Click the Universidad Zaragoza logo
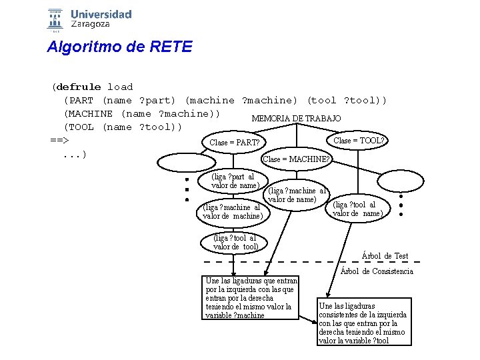click(89, 19)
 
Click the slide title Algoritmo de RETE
click(119, 47)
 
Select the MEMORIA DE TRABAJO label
click(296, 118)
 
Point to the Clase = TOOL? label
click(359, 141)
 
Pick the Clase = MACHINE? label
click(296, 159)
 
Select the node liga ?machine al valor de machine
click(233, 211)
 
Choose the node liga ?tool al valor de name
click(358, 209)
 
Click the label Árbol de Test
click(385, 256)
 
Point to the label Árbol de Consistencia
click(377, 271)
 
